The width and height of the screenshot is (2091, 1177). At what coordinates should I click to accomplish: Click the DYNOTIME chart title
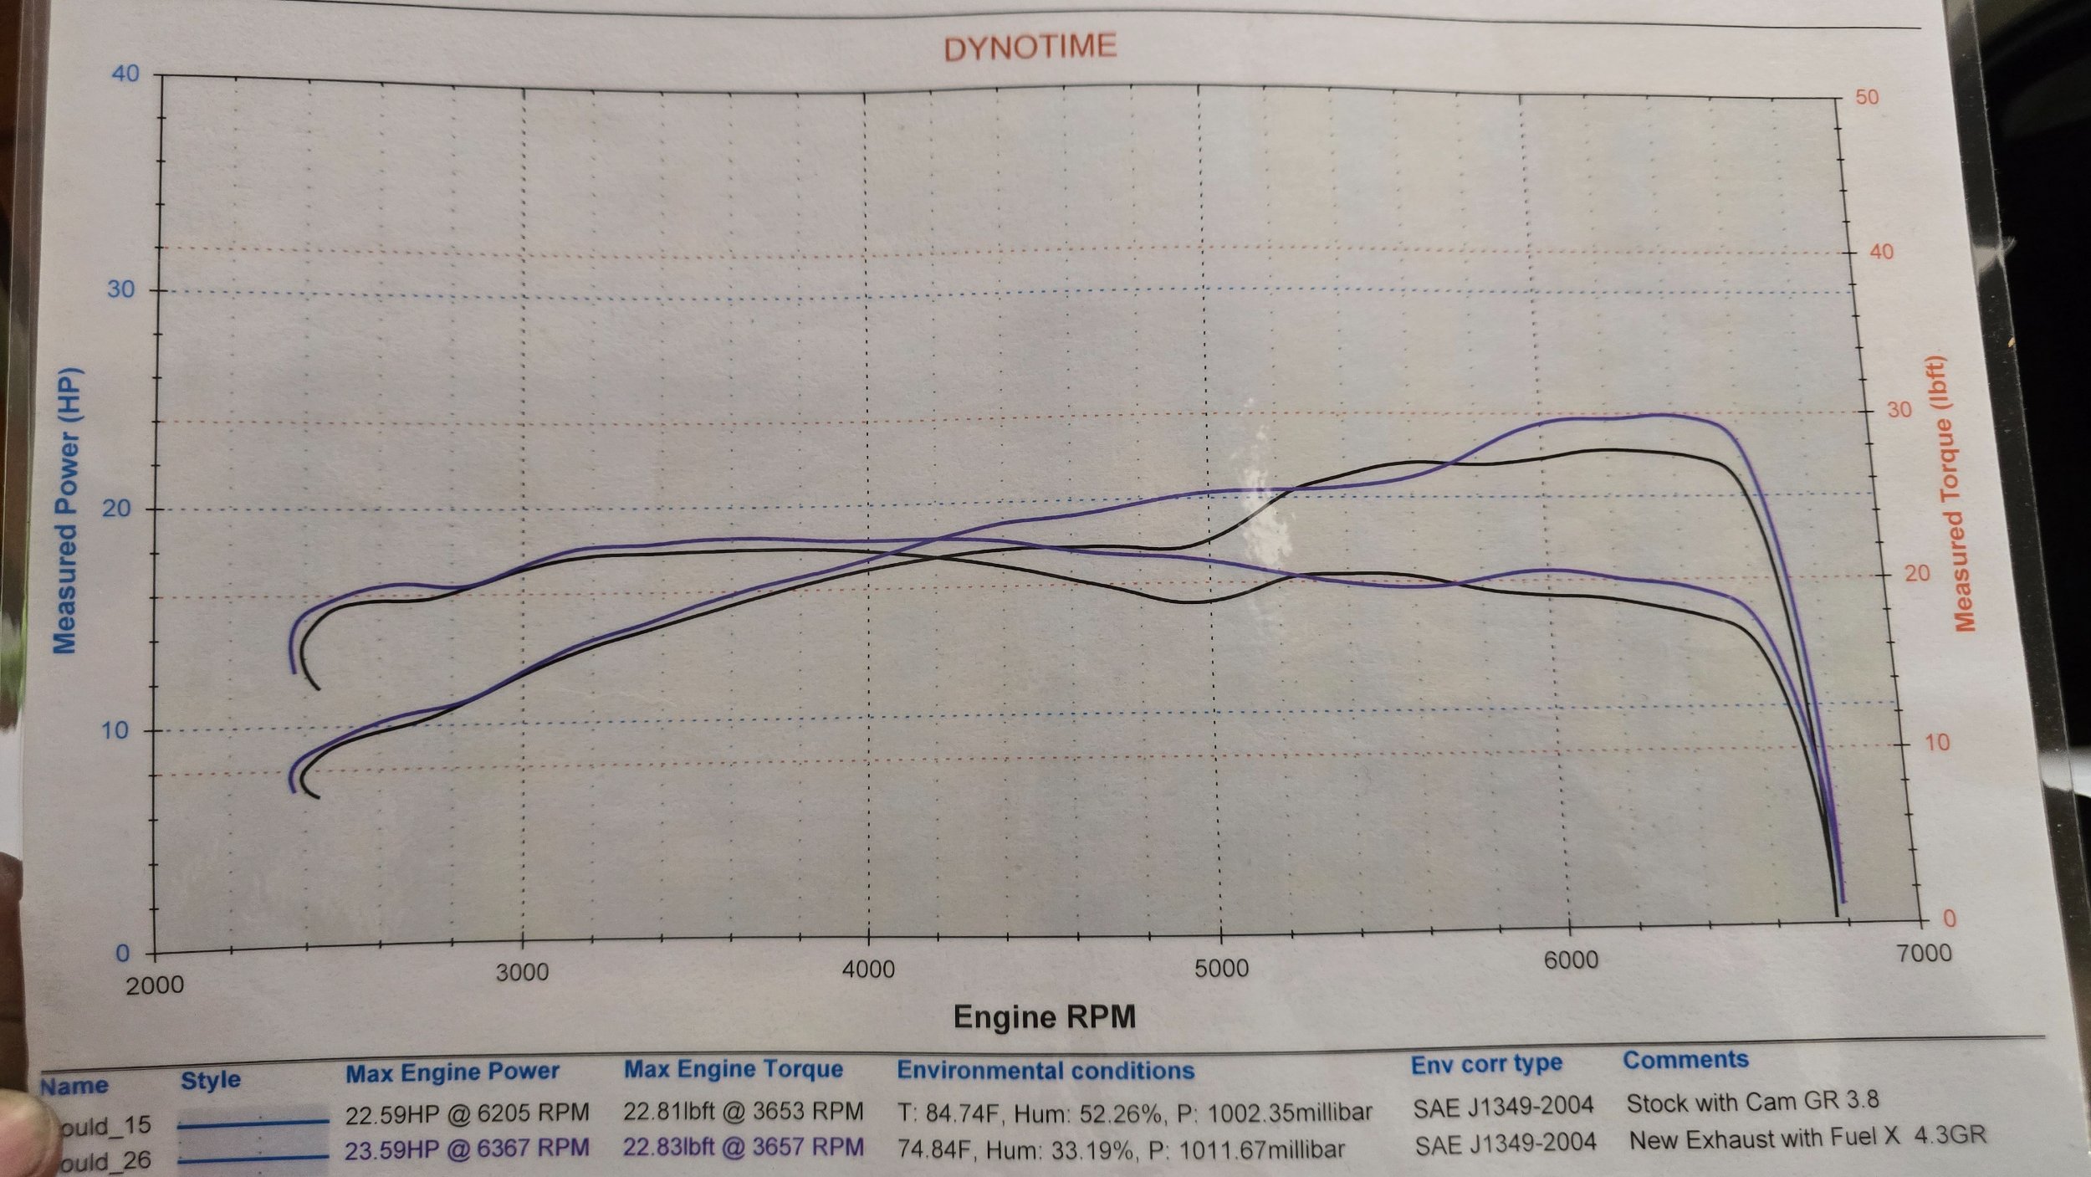(x=1030, y=48)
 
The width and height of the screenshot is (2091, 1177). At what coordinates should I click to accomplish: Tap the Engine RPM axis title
(x=1045, y=1017)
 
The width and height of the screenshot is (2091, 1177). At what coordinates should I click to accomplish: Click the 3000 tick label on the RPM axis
(x=522, y=973)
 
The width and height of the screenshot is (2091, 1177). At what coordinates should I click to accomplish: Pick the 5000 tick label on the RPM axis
(x=1221, y=969)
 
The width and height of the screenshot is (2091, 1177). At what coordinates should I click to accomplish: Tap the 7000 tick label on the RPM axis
(x=1924, y=953)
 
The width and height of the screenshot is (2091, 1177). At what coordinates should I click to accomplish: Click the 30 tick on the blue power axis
(x=120, y=289)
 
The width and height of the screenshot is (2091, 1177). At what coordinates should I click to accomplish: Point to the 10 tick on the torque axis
(x=1936, y=742)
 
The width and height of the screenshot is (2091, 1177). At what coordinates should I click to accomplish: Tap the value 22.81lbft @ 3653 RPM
(x=743, y=1111)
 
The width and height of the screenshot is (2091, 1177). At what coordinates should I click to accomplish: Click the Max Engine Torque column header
(x=733, y=1069)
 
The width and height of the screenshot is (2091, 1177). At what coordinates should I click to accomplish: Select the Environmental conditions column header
(x=1045, y=1070)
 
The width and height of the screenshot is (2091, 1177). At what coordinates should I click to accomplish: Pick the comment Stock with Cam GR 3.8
(x=1752, y=1102)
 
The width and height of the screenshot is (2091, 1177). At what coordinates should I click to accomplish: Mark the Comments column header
(x=1685, y=1060)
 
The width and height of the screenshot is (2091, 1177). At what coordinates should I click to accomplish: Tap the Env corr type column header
(x=1486, y=1064)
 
